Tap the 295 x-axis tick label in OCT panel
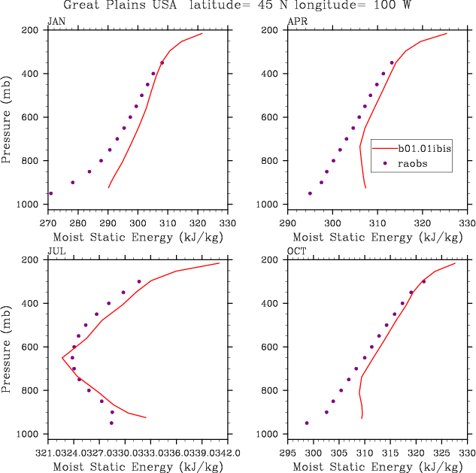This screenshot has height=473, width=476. tap(288, 453)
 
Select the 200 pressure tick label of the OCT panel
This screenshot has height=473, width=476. tap(270, 260)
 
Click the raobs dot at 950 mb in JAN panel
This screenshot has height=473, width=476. tap(51, 193)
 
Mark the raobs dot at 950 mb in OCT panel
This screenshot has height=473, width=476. tap(307, 423)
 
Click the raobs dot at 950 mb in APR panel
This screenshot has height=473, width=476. tap(310, 193)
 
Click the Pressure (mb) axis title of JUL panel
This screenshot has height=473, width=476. tap(9, 348)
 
